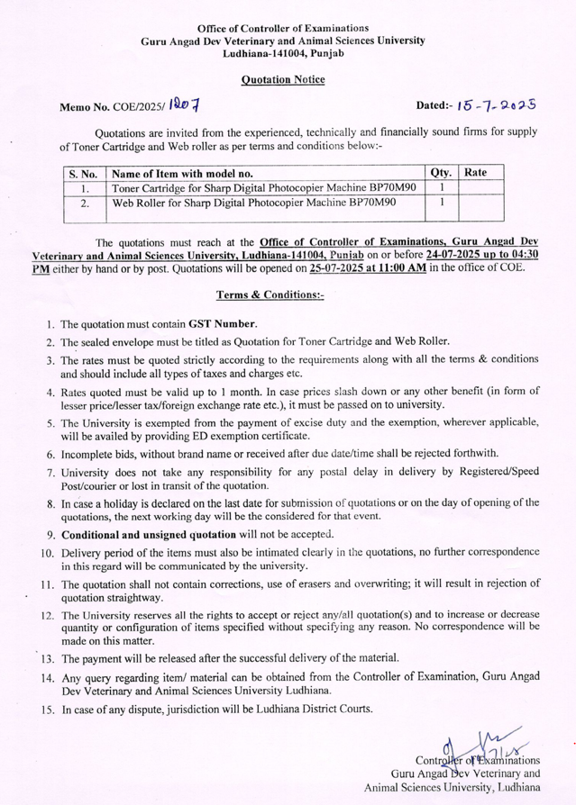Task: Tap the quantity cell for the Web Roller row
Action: point(442,204)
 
